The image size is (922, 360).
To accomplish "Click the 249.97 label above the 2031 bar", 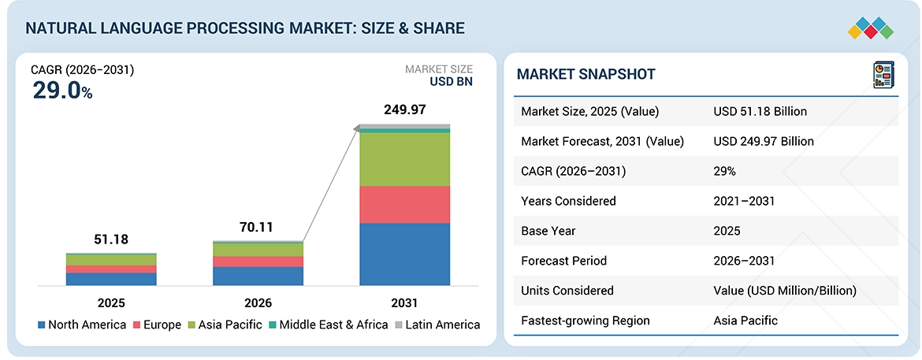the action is tap(404, 110).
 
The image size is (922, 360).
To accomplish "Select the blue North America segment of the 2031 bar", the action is tap(404, 254).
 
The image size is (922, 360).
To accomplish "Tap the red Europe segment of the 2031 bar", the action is tap(404, 205).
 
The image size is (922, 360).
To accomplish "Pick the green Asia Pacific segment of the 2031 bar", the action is tap(404, 159).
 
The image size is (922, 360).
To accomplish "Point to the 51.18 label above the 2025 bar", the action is tap(111, 239).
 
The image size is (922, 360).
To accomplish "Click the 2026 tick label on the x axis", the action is tap(258, 303).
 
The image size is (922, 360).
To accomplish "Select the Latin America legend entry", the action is tap(437, 325).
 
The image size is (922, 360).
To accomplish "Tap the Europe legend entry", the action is tap(156, 325).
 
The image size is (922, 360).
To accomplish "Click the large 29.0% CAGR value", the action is tap(62, 91).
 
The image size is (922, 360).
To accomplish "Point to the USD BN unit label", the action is tap(450, 82).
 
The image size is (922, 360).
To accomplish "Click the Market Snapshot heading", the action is tap(586, 74).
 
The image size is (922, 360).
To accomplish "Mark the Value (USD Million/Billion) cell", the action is tap(785, 291).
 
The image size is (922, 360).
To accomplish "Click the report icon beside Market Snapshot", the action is tap(883, 75).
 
